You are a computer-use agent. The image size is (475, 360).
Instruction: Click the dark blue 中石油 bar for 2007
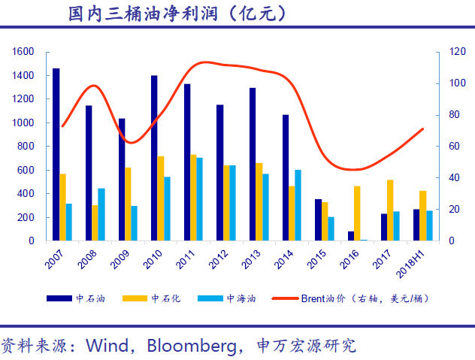click(x=56, y=155)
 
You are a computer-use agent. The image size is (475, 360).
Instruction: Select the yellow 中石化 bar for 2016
click(x=357, y=213)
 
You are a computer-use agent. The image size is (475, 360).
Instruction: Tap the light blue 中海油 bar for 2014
click(x=298, y=205)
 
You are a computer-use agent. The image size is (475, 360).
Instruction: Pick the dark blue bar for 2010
click(x=154, y=158)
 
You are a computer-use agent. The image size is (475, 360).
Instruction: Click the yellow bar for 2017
click(x=390, y=210)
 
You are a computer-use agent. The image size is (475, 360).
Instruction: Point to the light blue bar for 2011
click(x=199, y=199)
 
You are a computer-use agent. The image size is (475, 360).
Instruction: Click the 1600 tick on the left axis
click(x=23, y=52)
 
